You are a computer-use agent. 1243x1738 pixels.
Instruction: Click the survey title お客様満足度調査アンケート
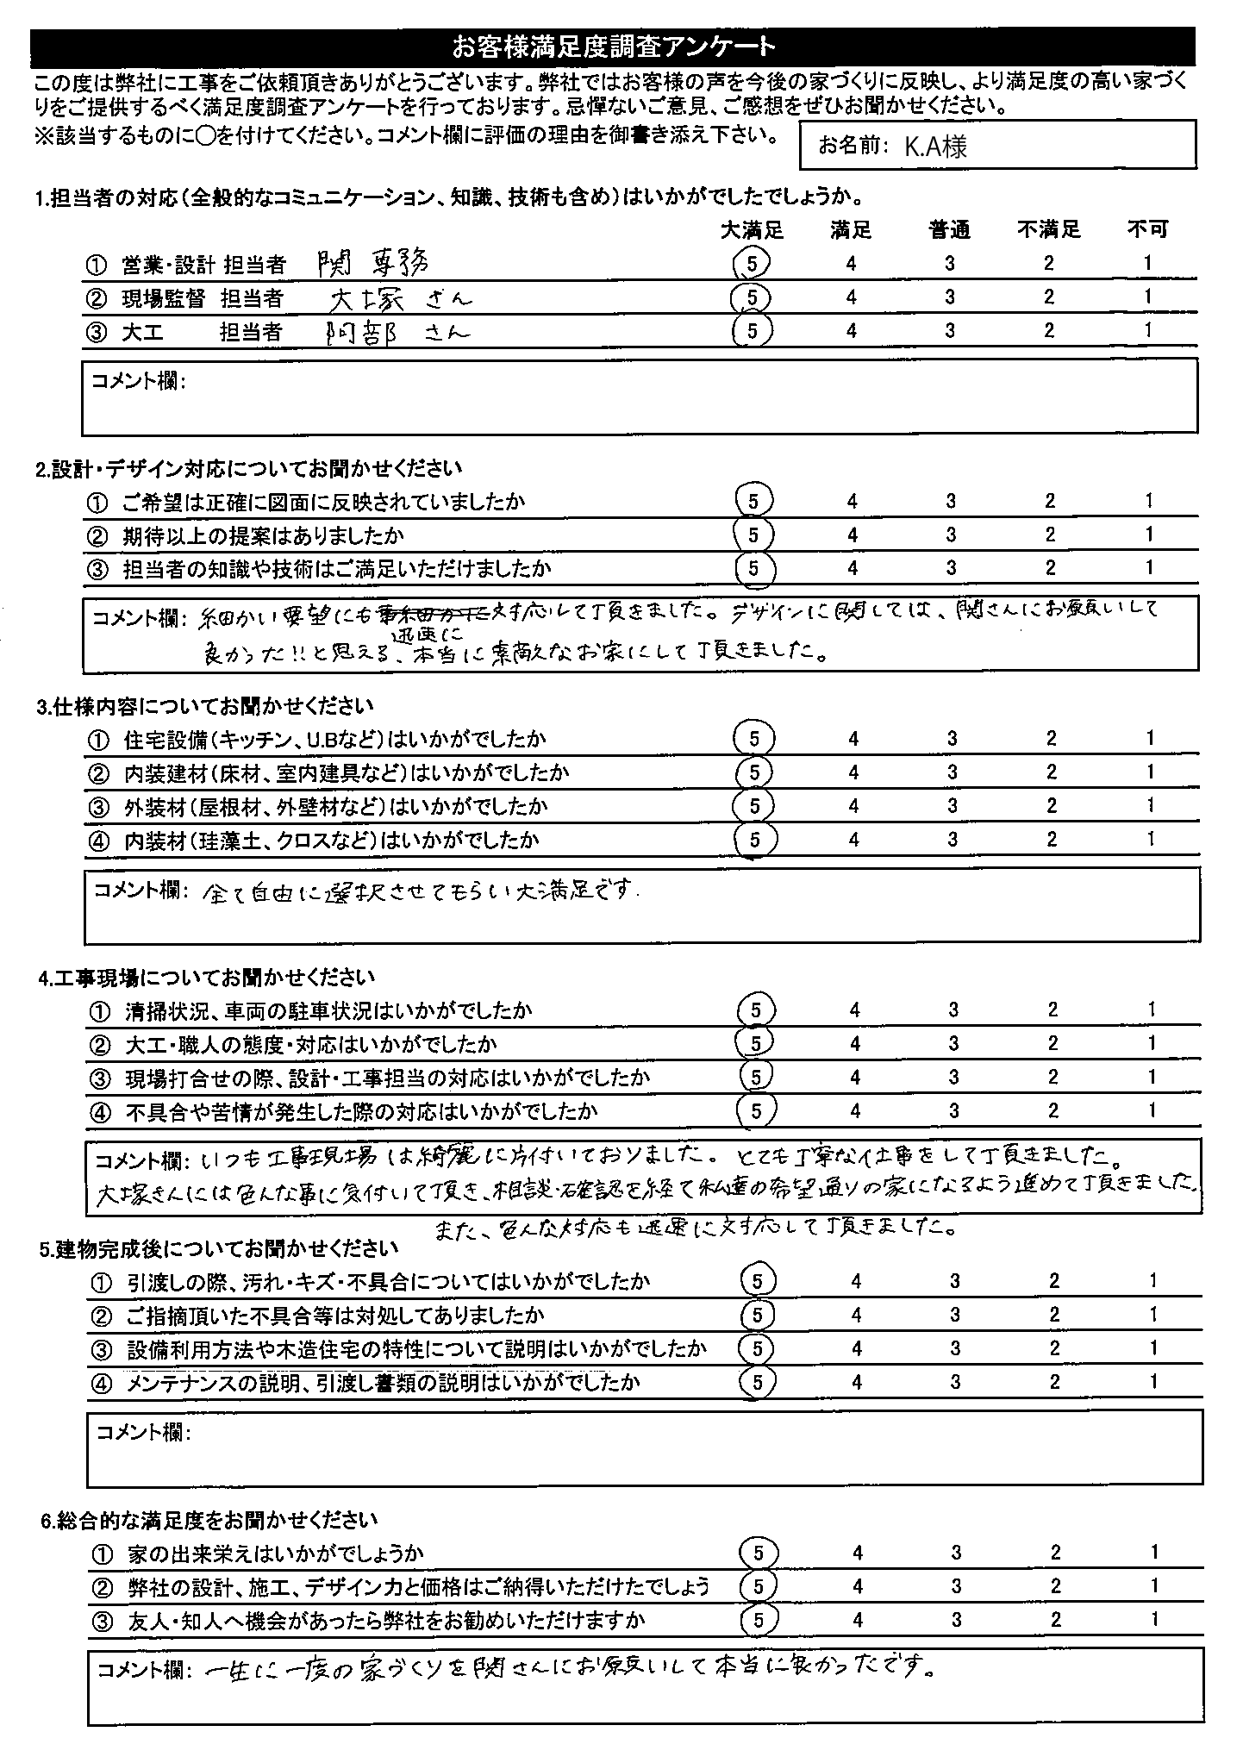click(613, 45)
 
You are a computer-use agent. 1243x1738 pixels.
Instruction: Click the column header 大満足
click(752, 229)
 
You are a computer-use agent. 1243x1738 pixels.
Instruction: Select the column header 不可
click(1147, 229)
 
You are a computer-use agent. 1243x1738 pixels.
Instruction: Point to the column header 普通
click(949, 229)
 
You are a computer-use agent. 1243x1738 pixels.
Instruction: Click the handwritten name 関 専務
click(373, 261)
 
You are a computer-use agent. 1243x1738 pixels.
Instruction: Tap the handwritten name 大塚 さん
click(401, 297)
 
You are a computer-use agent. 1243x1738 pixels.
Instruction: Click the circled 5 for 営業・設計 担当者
click(753, 263)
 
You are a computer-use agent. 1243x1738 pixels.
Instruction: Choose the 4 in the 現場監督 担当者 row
click(851, 297)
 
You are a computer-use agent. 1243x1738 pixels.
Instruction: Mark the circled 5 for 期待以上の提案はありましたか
click(754, 535)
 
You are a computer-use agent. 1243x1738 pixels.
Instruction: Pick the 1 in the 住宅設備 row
click(1149, 738)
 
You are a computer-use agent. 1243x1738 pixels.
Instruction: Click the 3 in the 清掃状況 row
click(953, 1010)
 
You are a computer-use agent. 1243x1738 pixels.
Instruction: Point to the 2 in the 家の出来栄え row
click(1055, 1553)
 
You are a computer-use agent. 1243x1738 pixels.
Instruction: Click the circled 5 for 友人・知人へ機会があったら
click(759, 1620)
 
